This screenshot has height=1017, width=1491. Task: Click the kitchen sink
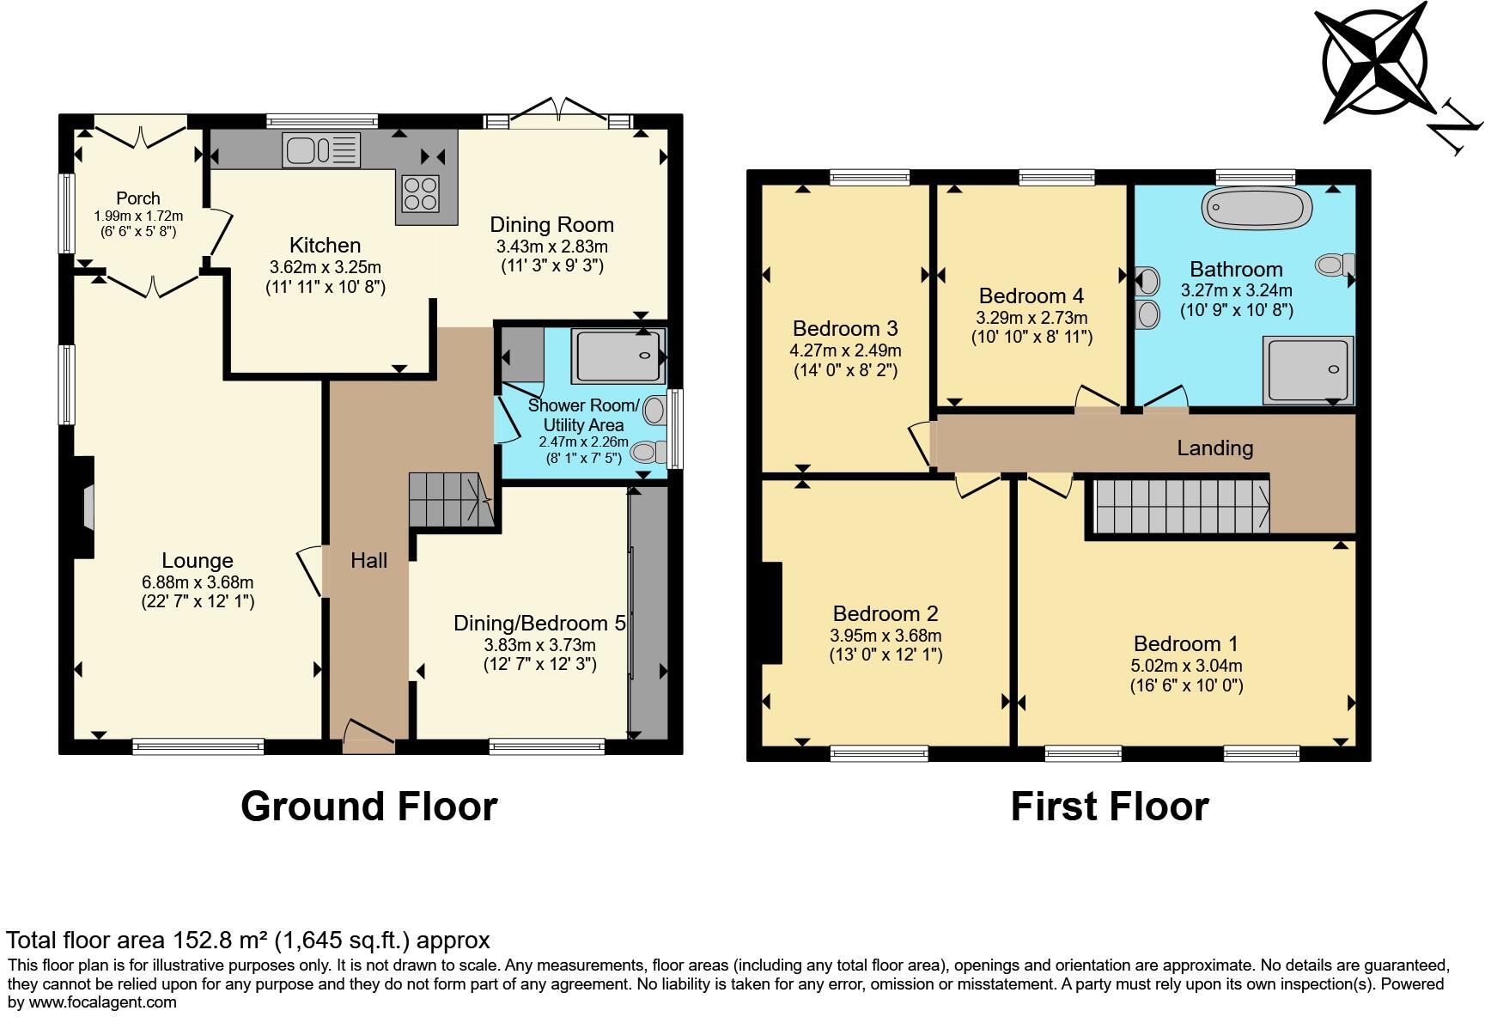pos(321,150)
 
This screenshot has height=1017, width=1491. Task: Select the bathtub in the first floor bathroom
pos(1257,208)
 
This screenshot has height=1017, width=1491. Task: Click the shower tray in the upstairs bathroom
pos(1306,369)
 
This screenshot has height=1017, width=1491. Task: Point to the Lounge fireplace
pos(83,508)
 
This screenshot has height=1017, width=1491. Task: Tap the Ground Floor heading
pos(369,807)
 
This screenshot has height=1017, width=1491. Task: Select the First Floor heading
pos(1110,807)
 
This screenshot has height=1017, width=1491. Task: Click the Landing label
pos(1214,448)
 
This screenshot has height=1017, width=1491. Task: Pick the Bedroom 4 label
pos(1031,296)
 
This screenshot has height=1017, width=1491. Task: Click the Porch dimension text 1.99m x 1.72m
pos(138,216)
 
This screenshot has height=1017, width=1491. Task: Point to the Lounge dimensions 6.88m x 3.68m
pos(198,582)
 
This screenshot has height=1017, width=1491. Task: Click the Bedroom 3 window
pos(870,177)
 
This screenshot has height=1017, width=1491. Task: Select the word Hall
pos(369,561)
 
